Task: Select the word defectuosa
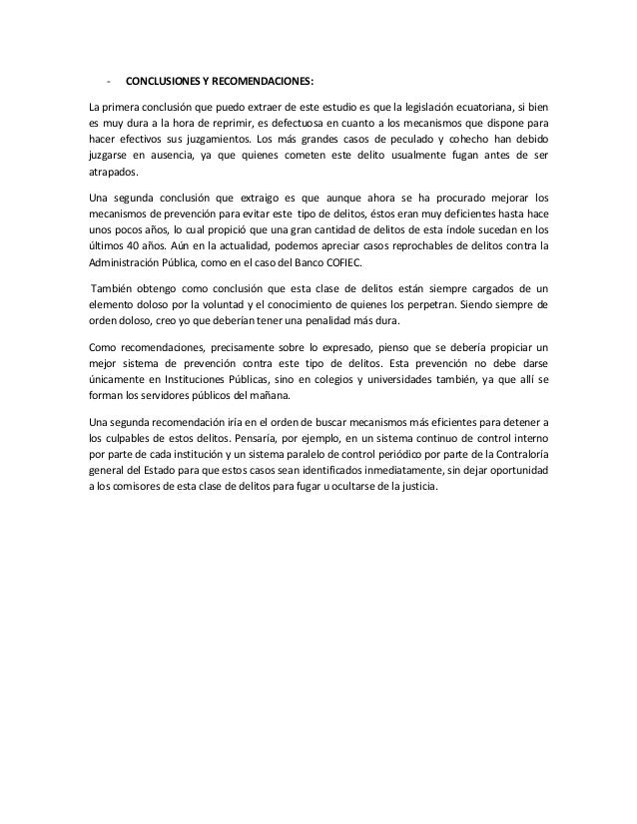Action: point(283,122)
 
